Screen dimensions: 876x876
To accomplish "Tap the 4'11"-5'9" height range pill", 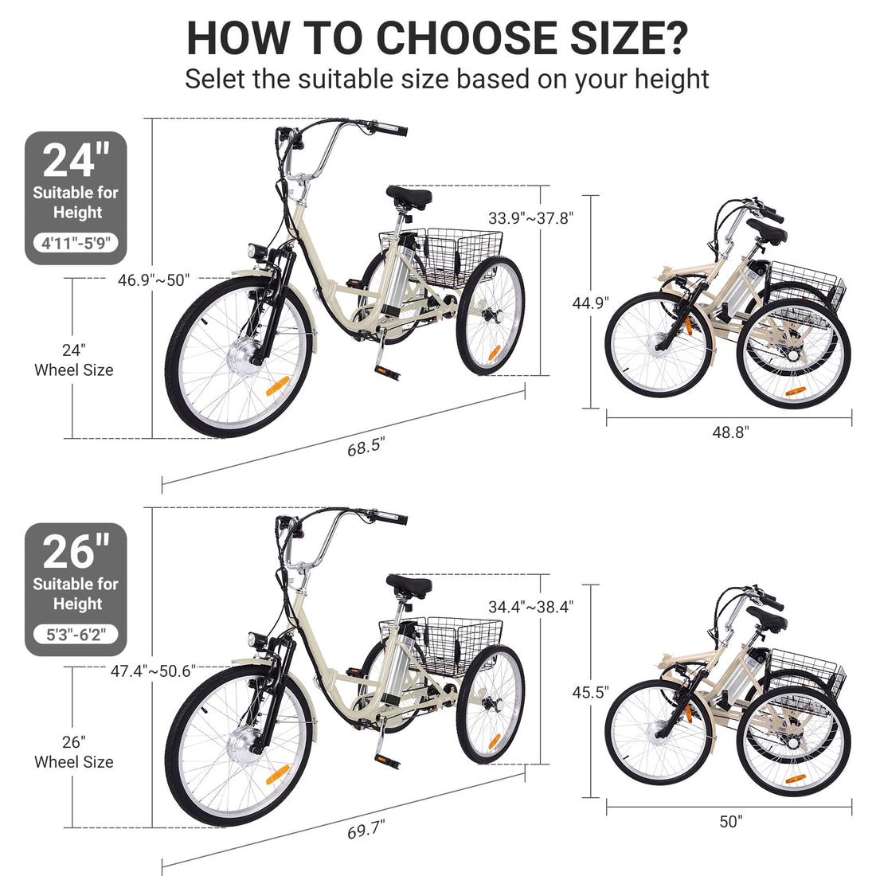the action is [x=76, y=244].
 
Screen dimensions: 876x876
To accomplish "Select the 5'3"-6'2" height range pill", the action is [x=76, y=635].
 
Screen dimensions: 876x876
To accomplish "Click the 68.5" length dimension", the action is [x=366, y=447].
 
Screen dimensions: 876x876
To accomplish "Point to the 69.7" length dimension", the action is [x=366, y=830].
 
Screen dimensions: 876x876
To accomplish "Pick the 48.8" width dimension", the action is [x=730, y=432].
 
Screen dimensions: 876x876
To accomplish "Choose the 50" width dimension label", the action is [x=731, y=821].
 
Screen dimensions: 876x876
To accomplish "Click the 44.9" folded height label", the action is [x=591, y=303].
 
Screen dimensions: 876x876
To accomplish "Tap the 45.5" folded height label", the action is [x=591, y=692].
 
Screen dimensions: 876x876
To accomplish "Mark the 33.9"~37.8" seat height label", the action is [x=530, y=218].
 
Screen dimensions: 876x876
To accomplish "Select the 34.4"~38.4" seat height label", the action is [x=530, y=607].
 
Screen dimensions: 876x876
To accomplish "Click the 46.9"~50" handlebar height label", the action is [x=154, y=280].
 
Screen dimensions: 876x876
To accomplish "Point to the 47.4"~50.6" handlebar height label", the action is [x=153, y=671].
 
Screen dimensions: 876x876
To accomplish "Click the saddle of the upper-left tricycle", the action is [x=409, y=196].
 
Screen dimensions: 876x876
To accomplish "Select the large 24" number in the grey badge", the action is [x=76, y=160].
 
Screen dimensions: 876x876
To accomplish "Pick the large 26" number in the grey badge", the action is [x=76, y=551].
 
